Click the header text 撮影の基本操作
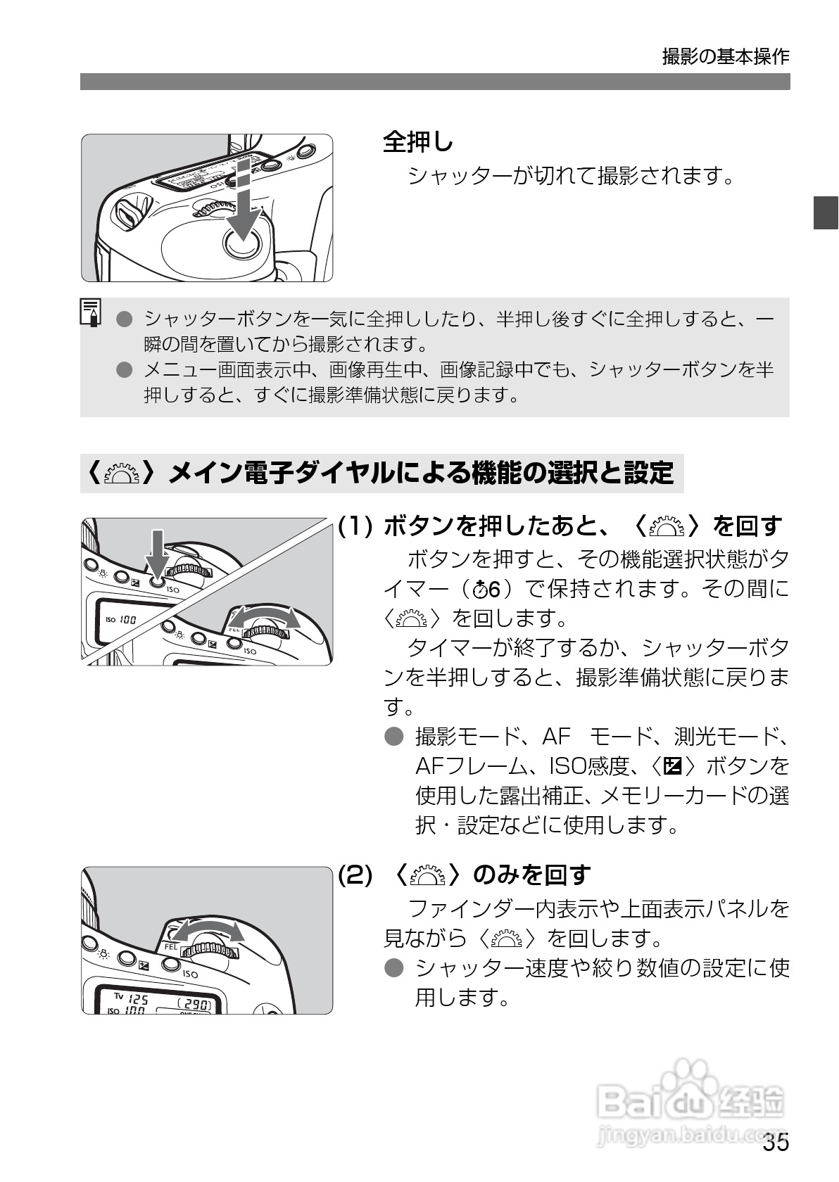click(x=725, y=57)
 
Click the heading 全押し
click(x=418, y=142)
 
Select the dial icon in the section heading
click(x=120, y=473)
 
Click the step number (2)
click(x=355, y=875)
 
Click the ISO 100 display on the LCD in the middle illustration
click(x=121, y=620)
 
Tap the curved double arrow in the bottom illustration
click(x=208, y=931)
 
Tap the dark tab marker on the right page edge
click(x=825, y=212)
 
